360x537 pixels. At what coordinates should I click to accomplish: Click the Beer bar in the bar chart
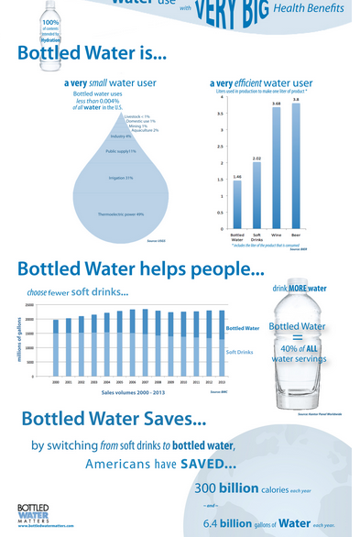tap(296, 166)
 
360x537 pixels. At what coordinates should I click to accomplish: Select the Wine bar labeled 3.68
tap(276, 169)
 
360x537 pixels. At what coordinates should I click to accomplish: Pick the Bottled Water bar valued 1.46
tap(236, 205)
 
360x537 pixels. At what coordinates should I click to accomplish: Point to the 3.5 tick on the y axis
tap(219, 114)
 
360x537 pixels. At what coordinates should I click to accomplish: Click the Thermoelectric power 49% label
tap(121, 214)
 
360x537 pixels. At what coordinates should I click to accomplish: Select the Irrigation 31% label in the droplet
tap(121, 178)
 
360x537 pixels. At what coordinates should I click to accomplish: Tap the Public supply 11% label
tap(121, 150)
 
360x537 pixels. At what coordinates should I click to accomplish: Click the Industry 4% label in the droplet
tap(121, 136)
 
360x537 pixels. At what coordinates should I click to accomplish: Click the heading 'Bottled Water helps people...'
tap(140, 269)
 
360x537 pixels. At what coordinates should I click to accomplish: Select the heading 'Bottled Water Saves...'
tap(114, 420)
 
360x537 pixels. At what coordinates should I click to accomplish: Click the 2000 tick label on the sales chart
tap(56, 381)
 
